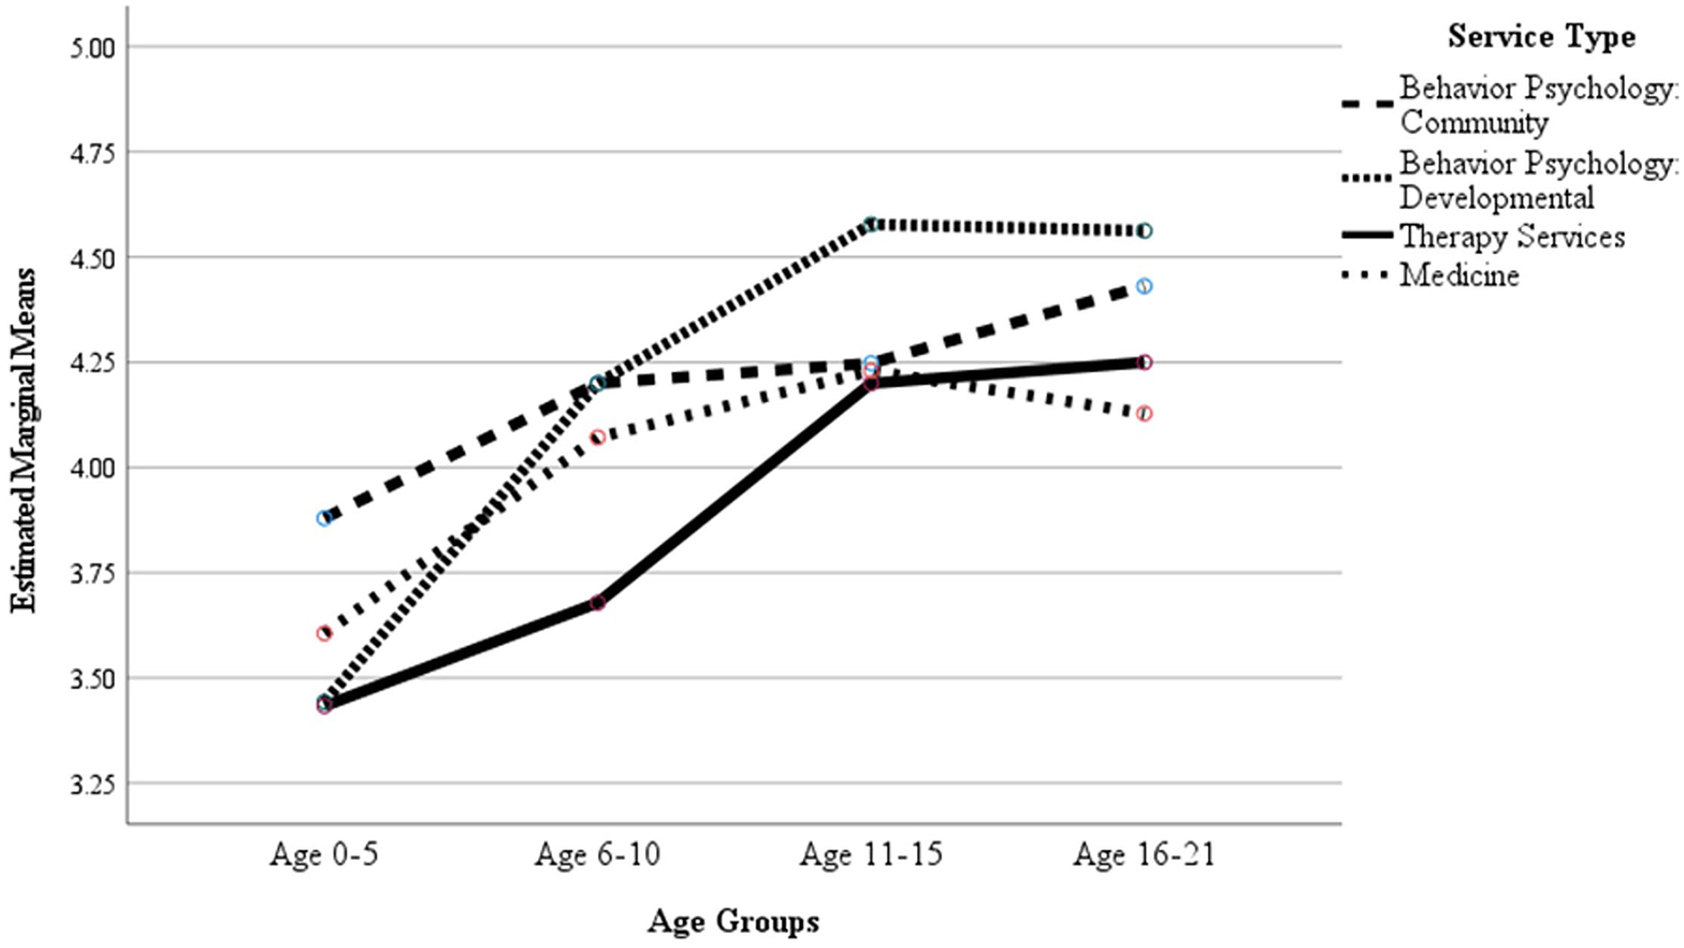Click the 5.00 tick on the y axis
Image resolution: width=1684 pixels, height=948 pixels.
pyautogui.click(x=91, y=47)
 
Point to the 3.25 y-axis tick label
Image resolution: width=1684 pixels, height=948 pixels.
pyautogui.click(x=91, y=785)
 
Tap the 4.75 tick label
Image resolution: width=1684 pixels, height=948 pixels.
pyautogui.click(x=91, y=153)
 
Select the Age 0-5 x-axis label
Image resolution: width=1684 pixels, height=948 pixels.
pyautogui.click(x=324, y=855)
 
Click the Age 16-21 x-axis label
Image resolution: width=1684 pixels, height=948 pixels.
pyautogui.click(x=1144, y=855)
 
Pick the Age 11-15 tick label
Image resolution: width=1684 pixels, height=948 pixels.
pyautogui.click(x=871, y=855)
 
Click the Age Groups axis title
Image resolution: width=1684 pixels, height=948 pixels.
pyautogui.click(x=733, y=921)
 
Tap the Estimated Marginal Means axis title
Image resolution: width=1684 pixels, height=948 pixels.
pyautogui.click(x=24, y=440)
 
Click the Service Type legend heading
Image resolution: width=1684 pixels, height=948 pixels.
pyautogui.click(x=1541, y=37)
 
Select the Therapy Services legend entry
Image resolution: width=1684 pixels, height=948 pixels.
pyautogui.click(x=1512, y=237)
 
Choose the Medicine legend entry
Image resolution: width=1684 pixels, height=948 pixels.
pyautogui.click(x=1459, y=275)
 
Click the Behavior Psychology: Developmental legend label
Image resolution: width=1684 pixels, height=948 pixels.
pyautogui.click(x=1538, y=180)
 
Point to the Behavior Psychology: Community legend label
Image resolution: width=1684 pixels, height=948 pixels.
pyautogui.click(x=1538, y=104)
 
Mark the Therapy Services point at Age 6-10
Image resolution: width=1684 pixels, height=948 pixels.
pyautogui.click(x=598, y=603)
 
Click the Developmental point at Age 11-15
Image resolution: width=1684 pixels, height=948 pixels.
pyautogui.click(x=871, y=224)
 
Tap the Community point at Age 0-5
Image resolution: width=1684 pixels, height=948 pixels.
pyautogui.click(x=325, y=519)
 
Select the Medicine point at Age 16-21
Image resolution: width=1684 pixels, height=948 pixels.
pyautogui.click(x=1144, y=413)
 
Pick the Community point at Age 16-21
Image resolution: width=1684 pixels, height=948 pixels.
pyautogui.click(x=1144, y=286)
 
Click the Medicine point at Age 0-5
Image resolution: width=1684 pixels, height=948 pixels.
pyautogui.click(x=324, y=634)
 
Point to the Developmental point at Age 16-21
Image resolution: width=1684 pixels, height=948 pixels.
pyautogui.click(x=1144, y=231)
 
